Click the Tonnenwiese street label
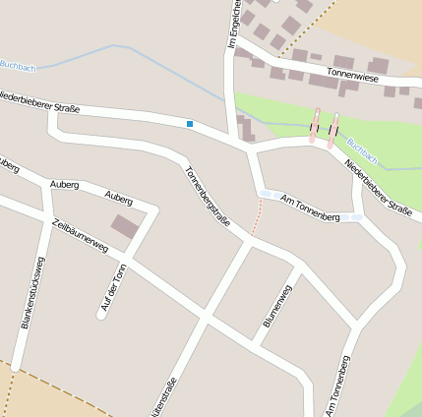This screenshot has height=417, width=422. pos(354,73)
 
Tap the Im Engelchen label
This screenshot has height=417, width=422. pos(234,24)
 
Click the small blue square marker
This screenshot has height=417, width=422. pos(189,123)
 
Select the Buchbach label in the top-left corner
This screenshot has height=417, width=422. pos(17,65)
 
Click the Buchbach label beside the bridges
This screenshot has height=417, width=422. pos(361,153)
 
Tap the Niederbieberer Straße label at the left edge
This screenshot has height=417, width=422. pos(39,98)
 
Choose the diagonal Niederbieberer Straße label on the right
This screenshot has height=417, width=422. pos(379,187)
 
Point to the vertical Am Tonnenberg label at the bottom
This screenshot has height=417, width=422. pos(338,387)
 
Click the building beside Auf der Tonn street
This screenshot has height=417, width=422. pos(124,227)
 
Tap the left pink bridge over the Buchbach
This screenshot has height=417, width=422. pos(315,128)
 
